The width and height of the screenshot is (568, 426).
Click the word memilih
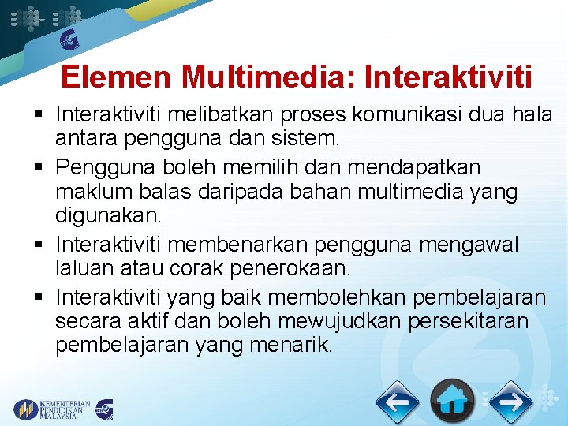coord(280,168)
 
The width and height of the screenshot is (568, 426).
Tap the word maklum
coord(92,192)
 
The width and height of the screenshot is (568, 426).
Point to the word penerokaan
coord(289,268)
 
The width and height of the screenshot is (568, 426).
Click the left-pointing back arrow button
coord(397,403)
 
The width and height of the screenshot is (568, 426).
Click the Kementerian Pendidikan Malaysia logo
coord(52,409)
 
